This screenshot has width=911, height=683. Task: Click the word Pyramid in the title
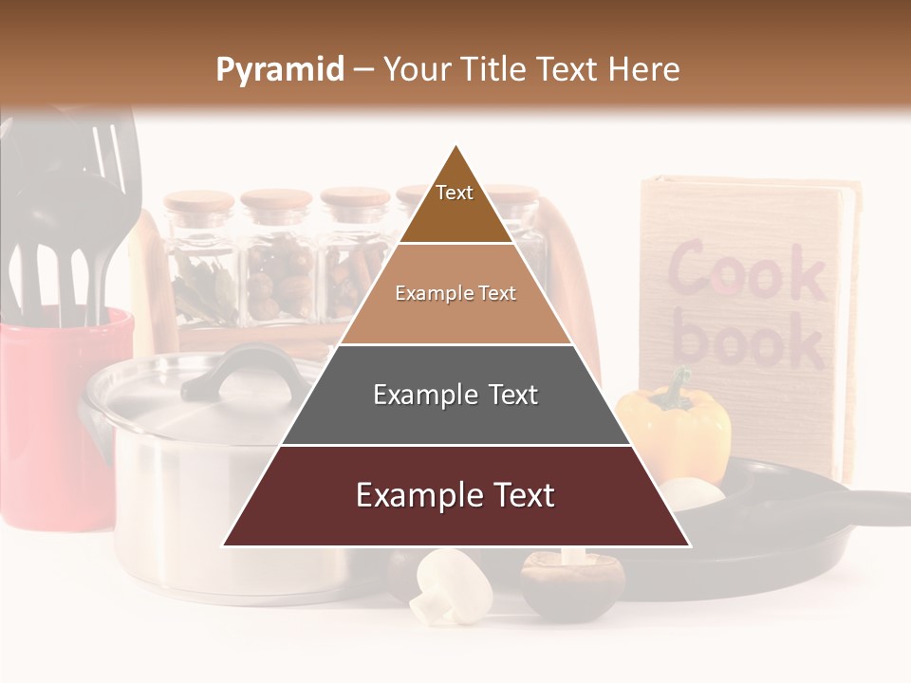(279, 70)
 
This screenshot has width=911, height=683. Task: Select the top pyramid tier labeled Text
(455, 194)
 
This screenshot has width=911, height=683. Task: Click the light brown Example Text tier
(455, 294)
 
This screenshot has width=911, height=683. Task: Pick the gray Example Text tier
(455, 395)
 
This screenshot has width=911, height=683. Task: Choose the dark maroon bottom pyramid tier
(455, 495)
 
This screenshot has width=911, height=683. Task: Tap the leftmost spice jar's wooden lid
(198, 201)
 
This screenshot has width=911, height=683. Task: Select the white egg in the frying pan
(691, 491)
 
